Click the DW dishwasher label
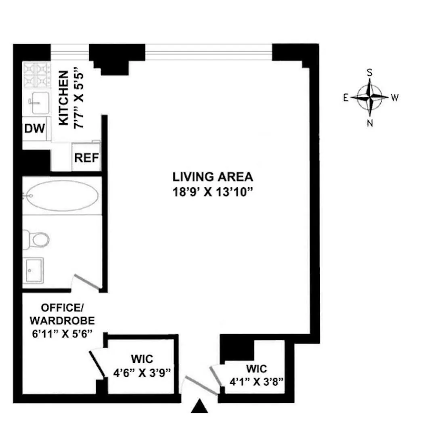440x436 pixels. click(35, 129)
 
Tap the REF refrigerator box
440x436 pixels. click(86, 157)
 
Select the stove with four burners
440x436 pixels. click(37, 75)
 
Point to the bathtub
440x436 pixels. click(61, 195)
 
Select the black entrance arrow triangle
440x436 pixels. click(199, 407)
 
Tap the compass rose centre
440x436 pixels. click(370, 97)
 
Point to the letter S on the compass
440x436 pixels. click(369, 72)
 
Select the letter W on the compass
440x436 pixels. click(395, 97)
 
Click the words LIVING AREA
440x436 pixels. click(213, 177)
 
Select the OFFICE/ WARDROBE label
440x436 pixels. click(62, 314)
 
